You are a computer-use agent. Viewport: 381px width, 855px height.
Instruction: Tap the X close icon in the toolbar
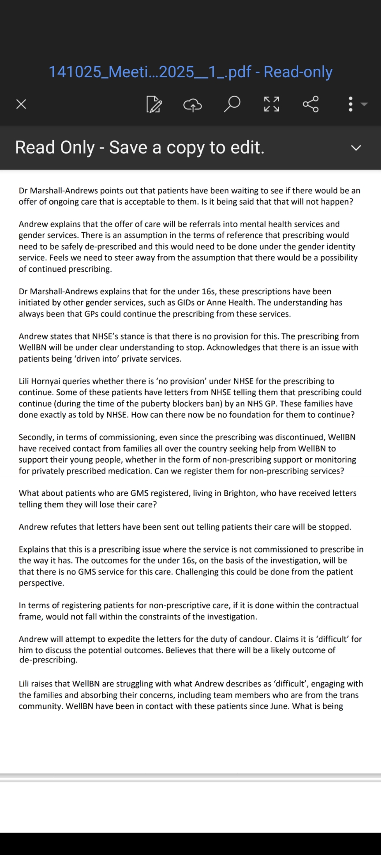[x=21, y=104]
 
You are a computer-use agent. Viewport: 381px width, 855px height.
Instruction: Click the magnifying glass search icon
[x=232, y=104]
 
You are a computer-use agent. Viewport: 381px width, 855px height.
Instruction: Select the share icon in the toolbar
[x=310, y=104]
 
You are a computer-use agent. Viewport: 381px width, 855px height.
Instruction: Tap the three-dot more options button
[x=351, y=104]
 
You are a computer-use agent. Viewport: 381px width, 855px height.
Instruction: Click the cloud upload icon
[x=192, y=105]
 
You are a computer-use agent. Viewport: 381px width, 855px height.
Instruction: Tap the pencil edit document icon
[x=154, y=105]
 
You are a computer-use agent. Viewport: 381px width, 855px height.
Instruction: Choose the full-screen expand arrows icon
[x=271, y=104]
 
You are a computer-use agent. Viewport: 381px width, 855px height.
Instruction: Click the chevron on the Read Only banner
[x=356, y=148]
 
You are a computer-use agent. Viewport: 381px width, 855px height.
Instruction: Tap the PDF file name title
[x=190, y=71]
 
